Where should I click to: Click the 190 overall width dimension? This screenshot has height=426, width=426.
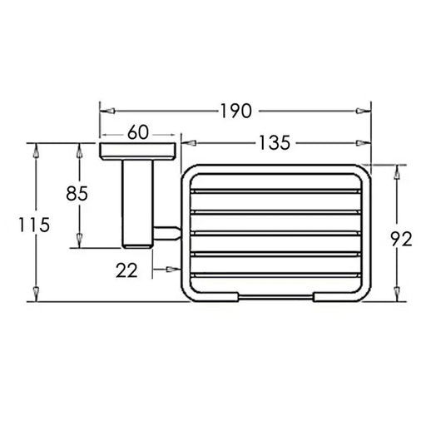[x=236, y=111]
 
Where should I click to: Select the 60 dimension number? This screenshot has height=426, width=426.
[x=138, y=132]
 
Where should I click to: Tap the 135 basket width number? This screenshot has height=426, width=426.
[x=275, y=143]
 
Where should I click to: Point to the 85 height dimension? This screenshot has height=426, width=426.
[x=77, y=193]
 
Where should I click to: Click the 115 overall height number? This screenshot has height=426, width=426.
[x=34, y=225]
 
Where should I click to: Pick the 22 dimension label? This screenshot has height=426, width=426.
[x=126, y=270]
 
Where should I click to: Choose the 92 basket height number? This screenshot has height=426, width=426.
[x=401, y=239]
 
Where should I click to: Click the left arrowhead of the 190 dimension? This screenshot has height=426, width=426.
[x=107, y=111]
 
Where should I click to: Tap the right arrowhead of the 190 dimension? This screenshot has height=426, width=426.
[x=364, y=111]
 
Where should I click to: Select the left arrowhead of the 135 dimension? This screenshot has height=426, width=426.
[x=189, y=143]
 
